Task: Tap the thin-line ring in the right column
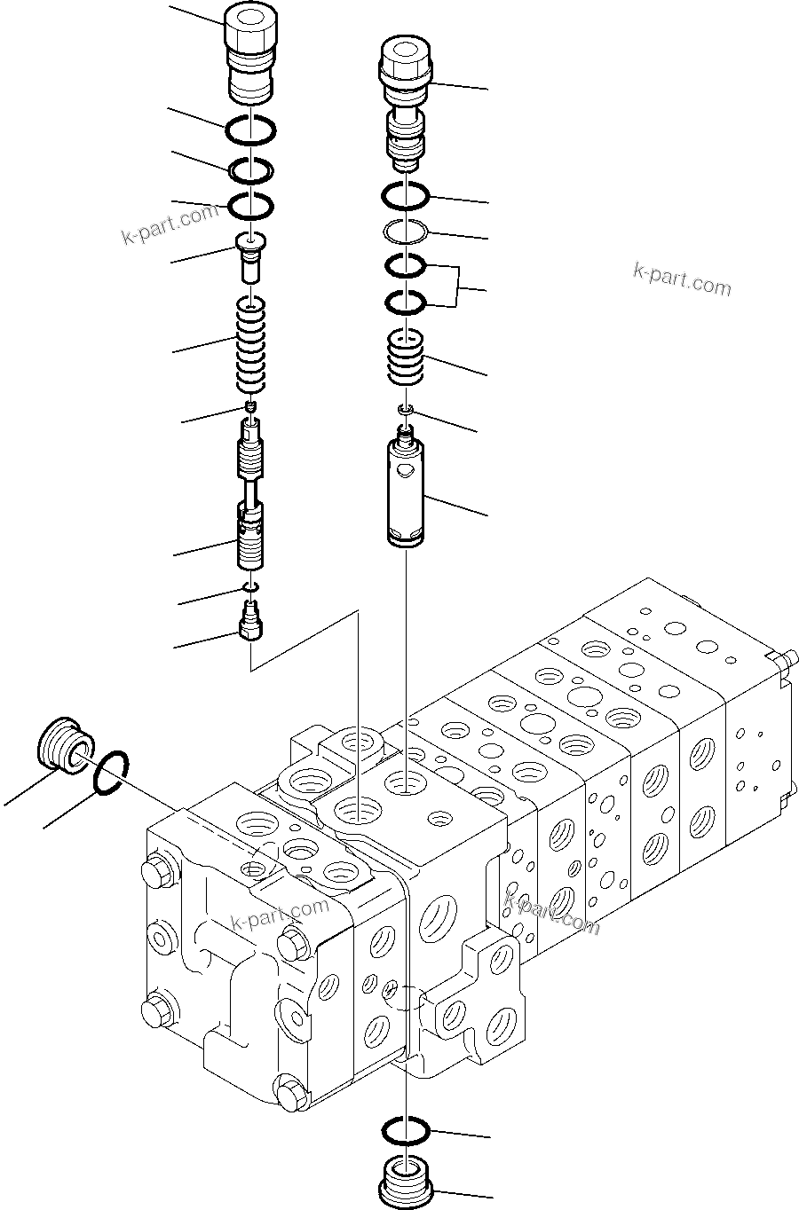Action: (405, 232)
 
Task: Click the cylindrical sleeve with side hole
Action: (407, 493)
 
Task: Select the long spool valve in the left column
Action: (251, 497)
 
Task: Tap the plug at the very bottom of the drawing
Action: (405, 1182)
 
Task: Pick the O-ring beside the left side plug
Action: (112, 767)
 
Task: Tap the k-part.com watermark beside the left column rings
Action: (170, 224)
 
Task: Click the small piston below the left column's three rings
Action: (250, 258)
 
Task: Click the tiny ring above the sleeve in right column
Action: (405, 408)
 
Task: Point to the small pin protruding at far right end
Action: (780, 659)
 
